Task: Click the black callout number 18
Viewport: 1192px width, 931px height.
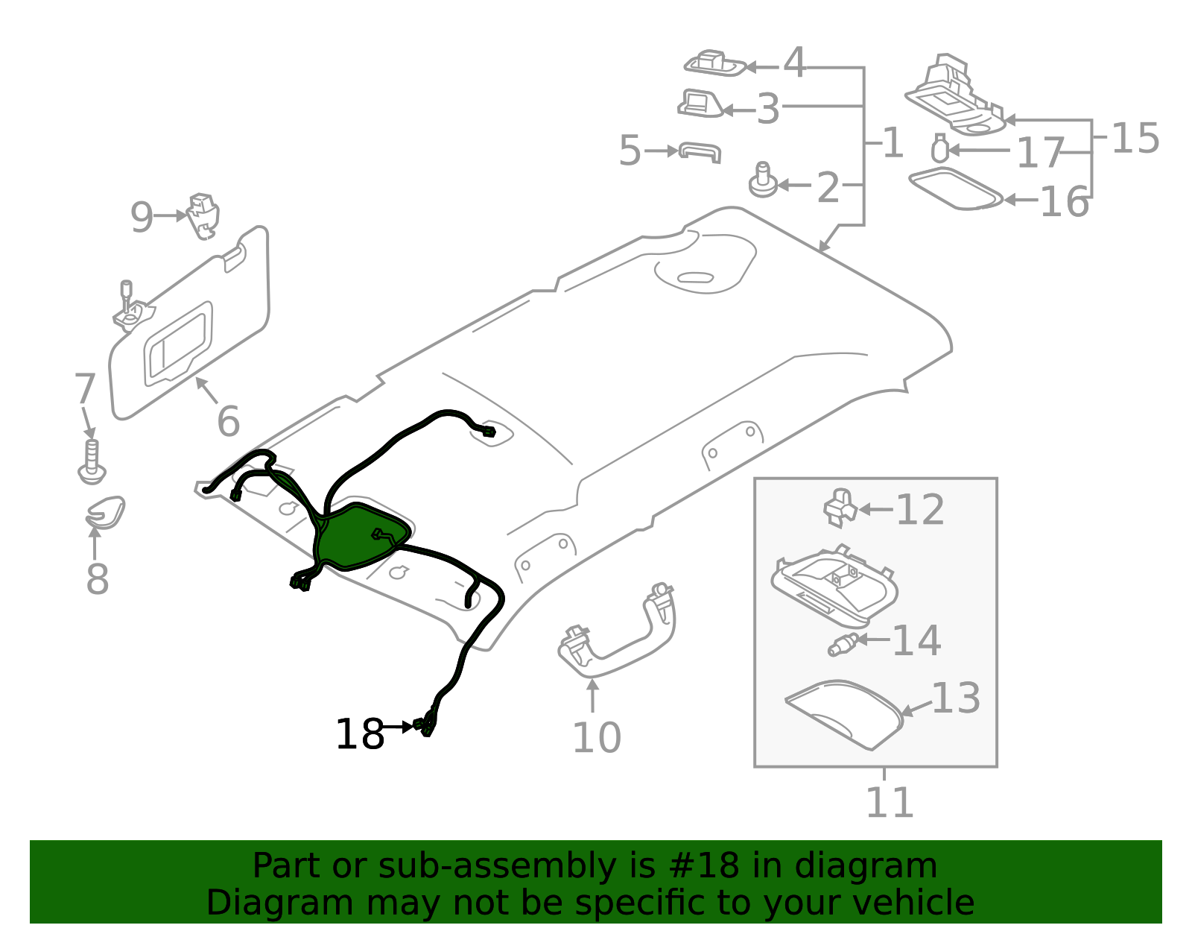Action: click(359, 734)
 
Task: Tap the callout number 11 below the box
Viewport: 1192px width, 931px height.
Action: click(890, 803)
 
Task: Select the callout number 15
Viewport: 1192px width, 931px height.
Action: click(1135, 139)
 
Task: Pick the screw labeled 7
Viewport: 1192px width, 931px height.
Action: click(92, 461)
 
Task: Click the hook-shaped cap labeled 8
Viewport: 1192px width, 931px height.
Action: click(105, 512)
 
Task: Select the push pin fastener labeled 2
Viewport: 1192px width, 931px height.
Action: click(763, 180)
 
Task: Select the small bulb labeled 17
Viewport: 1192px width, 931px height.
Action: click(940, 148)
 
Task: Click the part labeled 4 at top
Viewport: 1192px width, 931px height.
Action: click(715, 64)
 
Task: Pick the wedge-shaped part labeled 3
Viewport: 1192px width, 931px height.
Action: click(700, 104)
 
